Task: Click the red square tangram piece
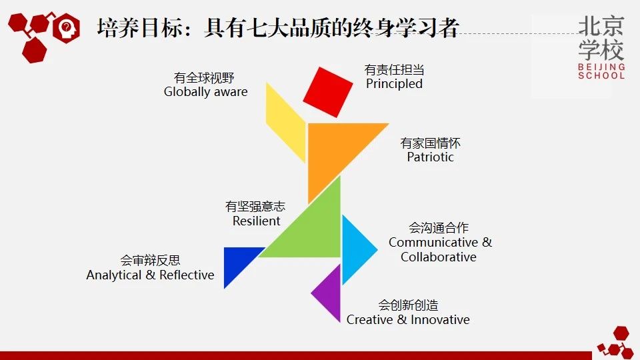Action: (x=328, y=92)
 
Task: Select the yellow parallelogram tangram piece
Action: (x=286, y=123)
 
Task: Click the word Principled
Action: (x=394, y=84)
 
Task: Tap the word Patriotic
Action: (x=430, y=157)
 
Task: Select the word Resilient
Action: (x=256, y=221)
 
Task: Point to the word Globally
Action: (x=187, y=92)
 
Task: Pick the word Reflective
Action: (x=187, y=275)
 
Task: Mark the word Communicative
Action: (x=433, y=243)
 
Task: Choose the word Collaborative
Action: (x=439, y=257)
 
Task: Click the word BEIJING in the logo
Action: (x=601, y=67)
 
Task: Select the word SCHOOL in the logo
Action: (x=601, y=75)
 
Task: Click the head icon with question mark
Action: (x=66, y=28)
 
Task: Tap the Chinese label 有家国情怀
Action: (x=430, y=143)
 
